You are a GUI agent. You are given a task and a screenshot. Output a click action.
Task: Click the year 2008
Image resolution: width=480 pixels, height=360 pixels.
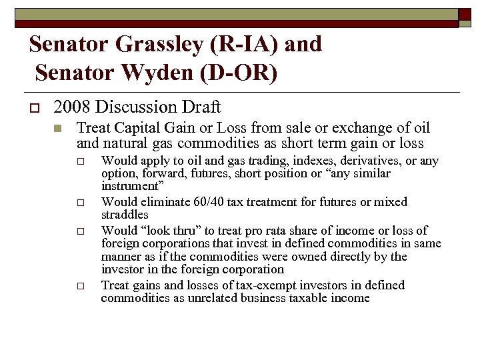click(x=69, y=107)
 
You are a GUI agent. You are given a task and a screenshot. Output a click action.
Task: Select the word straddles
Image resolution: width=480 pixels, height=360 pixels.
click(x=125, y=215)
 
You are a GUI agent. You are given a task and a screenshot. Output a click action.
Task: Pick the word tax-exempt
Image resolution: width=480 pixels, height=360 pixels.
click(x=231, y=285)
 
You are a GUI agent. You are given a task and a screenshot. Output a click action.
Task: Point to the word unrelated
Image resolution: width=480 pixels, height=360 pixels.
click(x=199, y=299)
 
